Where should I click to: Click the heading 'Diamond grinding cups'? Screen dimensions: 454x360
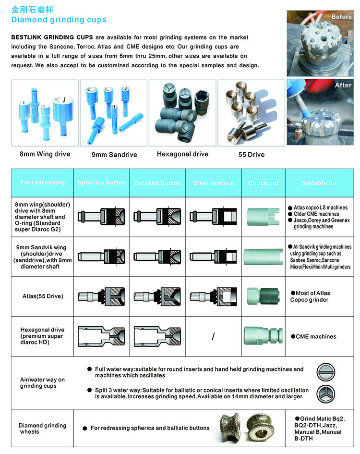pos(59,20)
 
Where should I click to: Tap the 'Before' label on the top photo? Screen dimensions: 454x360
pos(341,17)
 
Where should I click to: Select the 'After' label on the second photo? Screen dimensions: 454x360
pos(343,85)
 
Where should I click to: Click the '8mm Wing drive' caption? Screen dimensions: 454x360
pos(45,154)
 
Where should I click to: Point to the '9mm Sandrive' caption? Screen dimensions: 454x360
pos(114,155)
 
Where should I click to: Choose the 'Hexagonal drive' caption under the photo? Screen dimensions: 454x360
pos(182,154)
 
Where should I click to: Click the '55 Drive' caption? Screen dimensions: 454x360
pos(251,155)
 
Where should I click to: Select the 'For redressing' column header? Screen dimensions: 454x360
pos(42,183)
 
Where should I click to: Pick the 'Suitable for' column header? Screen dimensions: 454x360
pos(320,183)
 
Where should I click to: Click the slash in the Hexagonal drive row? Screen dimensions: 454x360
pos(213,337)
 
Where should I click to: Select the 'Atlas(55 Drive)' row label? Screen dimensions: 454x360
pos(42,296)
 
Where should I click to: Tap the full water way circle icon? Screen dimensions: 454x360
pos(326,372)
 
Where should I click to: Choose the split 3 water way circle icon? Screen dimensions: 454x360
pos(326,394)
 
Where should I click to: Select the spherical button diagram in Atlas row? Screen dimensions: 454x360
pos(101,296)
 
